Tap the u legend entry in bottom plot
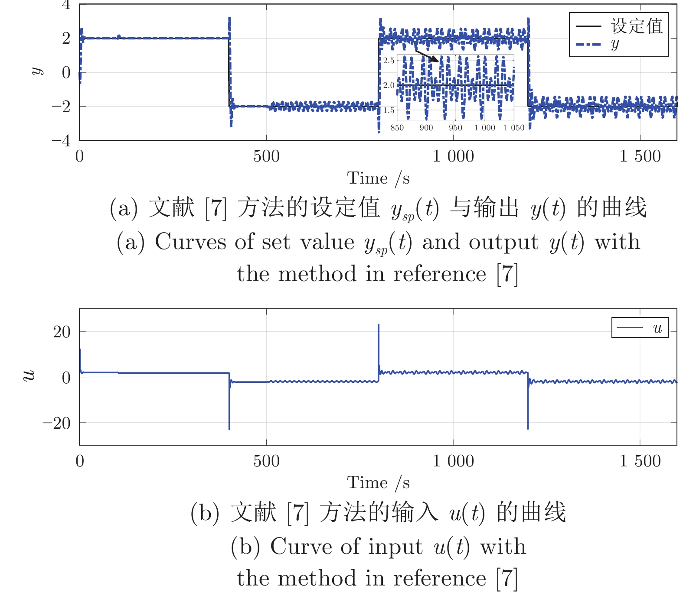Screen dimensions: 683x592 [640, 328]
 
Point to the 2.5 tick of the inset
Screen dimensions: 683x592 [389, 60]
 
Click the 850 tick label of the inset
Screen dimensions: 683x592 [397, 128]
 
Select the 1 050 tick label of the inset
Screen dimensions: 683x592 [514, 128]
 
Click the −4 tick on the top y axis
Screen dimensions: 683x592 [61, 140]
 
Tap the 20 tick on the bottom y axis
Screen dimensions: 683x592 [62, 332]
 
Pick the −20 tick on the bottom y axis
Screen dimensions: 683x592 [56, 423]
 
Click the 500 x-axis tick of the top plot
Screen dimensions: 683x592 [266, 156]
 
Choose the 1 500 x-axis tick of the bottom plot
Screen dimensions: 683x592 [640, 461]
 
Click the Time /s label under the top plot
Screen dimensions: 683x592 [378, 178]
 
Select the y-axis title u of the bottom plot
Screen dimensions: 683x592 [29, 375]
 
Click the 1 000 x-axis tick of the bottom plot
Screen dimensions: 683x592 [453, 461]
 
